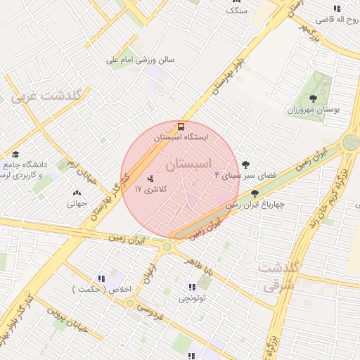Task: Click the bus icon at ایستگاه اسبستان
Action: [x=181, y=127]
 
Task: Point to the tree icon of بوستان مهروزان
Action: [x=313, y=98]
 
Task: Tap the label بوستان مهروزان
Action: [x=313, y=110]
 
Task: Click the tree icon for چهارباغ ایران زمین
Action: [x=255, y=193]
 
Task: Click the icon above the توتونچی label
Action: [x=192, y=286]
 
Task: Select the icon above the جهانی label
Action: [x=77, y=192]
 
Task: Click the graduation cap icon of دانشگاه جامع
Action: [x=15, y=155]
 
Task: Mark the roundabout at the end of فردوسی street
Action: [x=130, y=303]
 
